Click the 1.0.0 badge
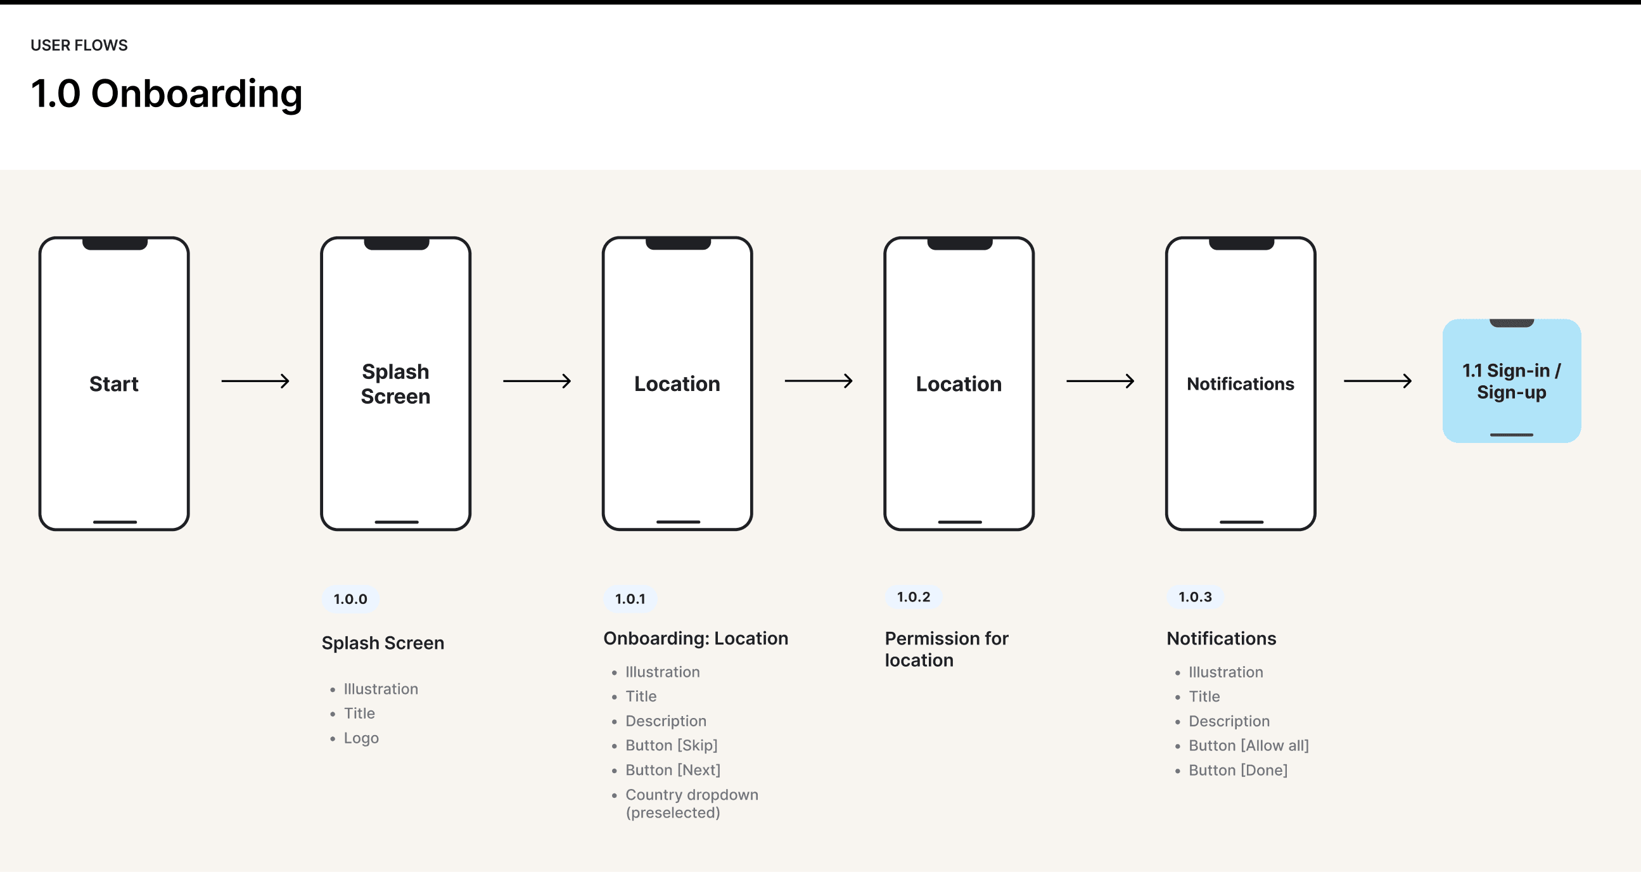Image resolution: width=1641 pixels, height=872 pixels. tap(350, 599)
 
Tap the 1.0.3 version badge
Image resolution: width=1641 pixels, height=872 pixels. tap(1195, 597)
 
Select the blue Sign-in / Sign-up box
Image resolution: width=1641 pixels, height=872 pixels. tap(1512, 381)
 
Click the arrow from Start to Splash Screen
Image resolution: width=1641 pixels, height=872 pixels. tap(255, 381)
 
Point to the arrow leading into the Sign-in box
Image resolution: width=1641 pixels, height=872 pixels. tap(1378, 381)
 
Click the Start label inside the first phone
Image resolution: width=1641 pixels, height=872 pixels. tap(114, 384)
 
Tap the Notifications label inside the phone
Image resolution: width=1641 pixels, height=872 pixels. tap(1241, 384)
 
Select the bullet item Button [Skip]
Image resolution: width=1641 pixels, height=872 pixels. tap(672, 745)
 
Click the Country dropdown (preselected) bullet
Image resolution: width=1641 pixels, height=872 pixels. tap(692, 803)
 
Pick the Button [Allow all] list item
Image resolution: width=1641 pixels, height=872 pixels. tap(1249, 745)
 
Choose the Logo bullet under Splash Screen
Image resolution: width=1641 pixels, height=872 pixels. tap(361, 738)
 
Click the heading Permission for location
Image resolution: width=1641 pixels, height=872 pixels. tap(947, 649)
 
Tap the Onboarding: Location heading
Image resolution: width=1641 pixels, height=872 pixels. tap(696, 638)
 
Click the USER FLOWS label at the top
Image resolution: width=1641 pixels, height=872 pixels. tap(79, 45)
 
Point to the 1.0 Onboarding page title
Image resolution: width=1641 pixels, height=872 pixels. tap(166, 94)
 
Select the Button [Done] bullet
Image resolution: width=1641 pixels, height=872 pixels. tap(1238, 770)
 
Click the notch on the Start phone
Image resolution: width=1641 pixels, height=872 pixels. tap(115, 243)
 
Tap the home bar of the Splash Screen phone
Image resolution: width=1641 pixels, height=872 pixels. tap(396, 522)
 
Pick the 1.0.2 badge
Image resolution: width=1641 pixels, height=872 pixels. tap(914, 597)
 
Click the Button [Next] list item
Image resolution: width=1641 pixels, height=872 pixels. tap(673, 770)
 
